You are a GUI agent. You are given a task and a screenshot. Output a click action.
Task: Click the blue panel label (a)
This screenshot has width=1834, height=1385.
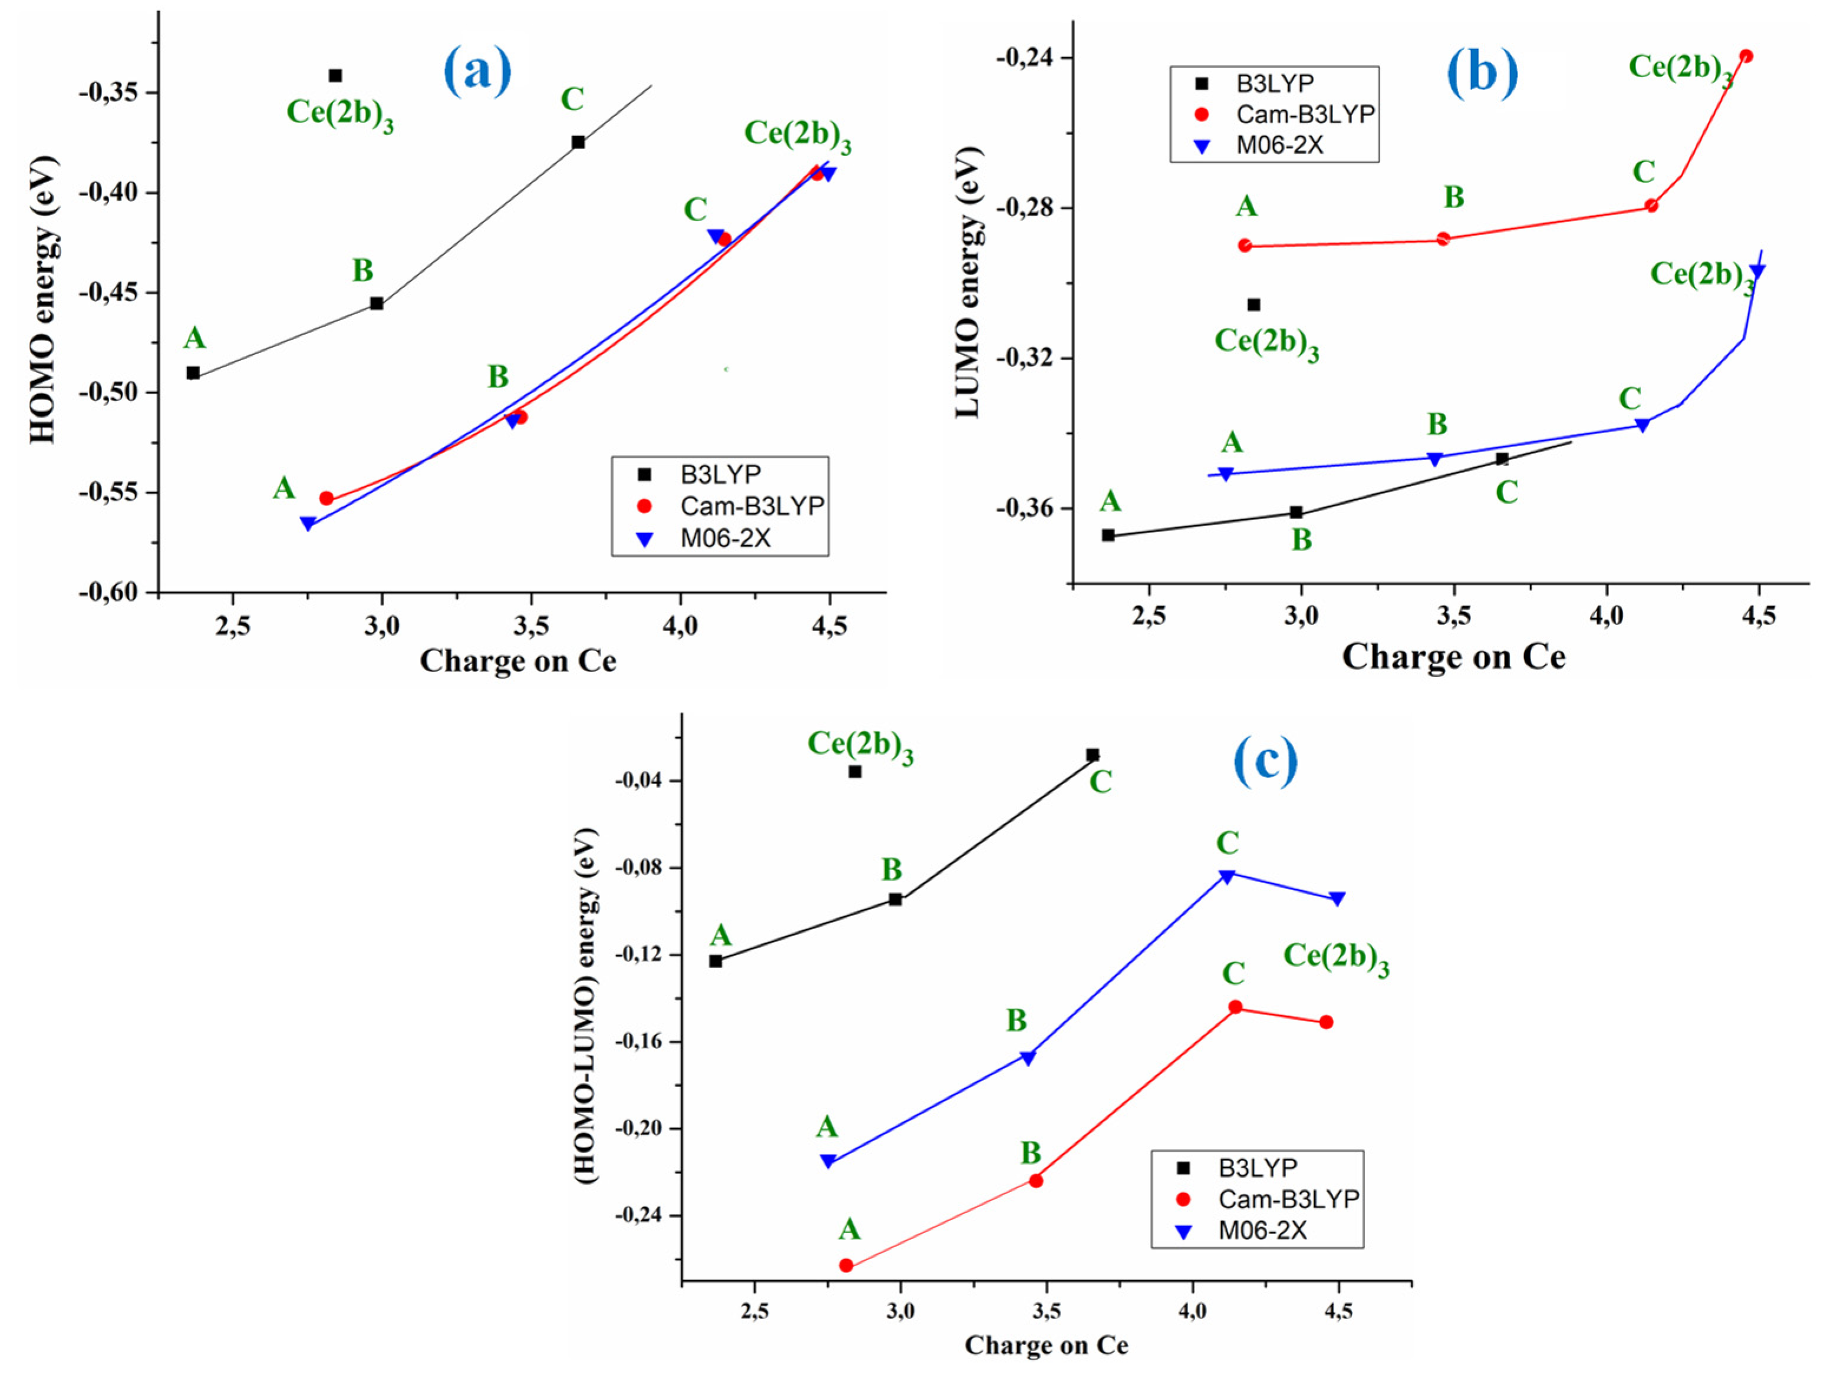click(x=477, y=71)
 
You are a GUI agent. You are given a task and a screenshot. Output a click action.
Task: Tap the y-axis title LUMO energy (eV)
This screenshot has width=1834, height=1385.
click(x=968, y=282)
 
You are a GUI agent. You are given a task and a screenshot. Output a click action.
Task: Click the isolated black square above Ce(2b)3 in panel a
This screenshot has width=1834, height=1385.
click(x=335, y=75)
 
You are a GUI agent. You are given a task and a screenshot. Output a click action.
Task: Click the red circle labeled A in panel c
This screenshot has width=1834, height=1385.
click(x=846, y=1265)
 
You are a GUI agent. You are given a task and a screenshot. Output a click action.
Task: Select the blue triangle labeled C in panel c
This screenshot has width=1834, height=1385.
click(x=1227, y=876)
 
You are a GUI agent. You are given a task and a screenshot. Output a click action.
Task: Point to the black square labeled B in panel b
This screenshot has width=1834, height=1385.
click(x=1296, y=512)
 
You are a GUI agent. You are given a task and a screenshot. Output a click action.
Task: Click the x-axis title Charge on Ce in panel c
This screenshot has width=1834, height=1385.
click(x=1045, y=1345)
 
